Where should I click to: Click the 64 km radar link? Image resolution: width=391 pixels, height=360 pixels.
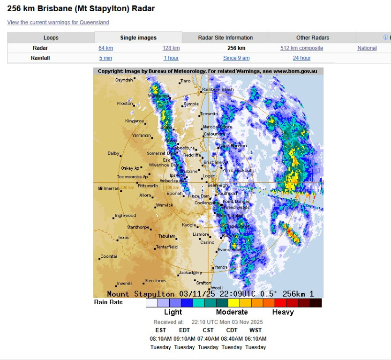[105, 48]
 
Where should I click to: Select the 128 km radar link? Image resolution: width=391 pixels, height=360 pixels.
[171, 48]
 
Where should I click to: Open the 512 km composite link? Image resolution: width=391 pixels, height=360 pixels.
[301, 48]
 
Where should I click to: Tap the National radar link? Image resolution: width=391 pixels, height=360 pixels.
[367, 48]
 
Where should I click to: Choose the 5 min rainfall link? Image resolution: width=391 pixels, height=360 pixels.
[105, 58]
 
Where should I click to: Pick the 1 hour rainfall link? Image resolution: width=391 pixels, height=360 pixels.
[171, 58]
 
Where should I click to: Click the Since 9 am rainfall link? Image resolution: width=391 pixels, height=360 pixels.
[236, 58]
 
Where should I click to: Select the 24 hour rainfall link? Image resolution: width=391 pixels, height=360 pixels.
[301, 58]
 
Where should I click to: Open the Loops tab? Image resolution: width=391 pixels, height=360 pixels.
[51, 38]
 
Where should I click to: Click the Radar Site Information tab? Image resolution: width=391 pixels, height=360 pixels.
[226, 38]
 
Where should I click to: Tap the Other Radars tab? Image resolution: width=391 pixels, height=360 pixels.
[313, 38]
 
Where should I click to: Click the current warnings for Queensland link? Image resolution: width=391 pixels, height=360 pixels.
[58, 22]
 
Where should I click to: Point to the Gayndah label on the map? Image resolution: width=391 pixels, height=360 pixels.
[124, 80]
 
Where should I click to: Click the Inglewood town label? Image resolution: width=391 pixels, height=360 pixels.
[126, 216]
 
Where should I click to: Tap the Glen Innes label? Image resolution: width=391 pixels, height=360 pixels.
[155, 281]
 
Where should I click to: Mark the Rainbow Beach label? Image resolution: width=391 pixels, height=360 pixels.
[218, 90]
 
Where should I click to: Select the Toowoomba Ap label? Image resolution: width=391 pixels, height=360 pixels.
[132, 177]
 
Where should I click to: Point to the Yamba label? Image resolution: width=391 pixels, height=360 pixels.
[221, 267]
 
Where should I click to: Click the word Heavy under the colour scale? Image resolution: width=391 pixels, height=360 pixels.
[283, 312]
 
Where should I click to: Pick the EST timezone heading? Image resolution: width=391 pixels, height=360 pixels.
[161, 330]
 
